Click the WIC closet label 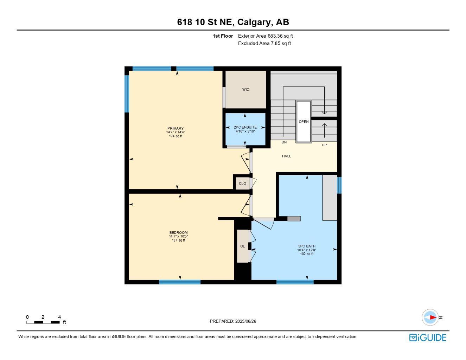coord(245,89)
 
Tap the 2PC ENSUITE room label coord(245,127)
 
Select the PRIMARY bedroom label coord(175,128)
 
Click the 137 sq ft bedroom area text coord(178,240)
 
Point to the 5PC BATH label coord(307,246)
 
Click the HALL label coord(286,156)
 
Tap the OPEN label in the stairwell coord(304,122)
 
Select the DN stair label coord(284,142)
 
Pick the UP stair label coord(324,145)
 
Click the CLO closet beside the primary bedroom coord(242,184)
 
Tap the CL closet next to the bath coord(242,246)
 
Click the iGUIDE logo coord(428,337)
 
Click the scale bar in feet coord(43,322)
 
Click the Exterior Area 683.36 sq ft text coord(265,36)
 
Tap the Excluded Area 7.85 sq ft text coord(264,43)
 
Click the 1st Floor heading coord(223,36)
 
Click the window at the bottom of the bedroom coord(180,282)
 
